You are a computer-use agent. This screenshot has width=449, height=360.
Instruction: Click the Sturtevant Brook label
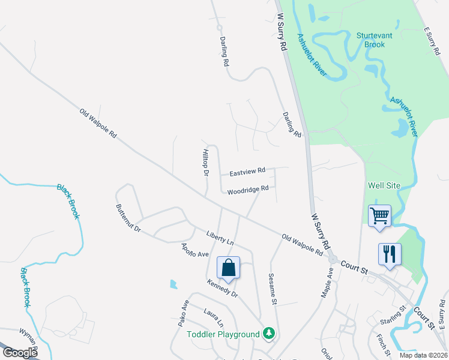click(375, 40)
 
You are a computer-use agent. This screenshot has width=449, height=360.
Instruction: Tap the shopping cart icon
click(379, 215)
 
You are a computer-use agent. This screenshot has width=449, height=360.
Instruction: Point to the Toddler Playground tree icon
click(270, 334)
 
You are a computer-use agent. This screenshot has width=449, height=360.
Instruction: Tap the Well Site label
click(385, 185)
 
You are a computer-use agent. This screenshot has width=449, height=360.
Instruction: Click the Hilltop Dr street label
click(205, 162)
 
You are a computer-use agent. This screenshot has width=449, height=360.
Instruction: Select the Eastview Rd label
click(247, 172)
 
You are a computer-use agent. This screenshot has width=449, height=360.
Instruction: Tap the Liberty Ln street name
click(220, 238)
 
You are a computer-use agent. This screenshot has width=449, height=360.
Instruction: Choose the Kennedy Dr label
click(222, 288)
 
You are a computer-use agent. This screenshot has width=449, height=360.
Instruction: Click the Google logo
click(20, 353)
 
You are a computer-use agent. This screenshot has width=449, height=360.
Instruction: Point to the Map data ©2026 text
click(423, 355)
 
